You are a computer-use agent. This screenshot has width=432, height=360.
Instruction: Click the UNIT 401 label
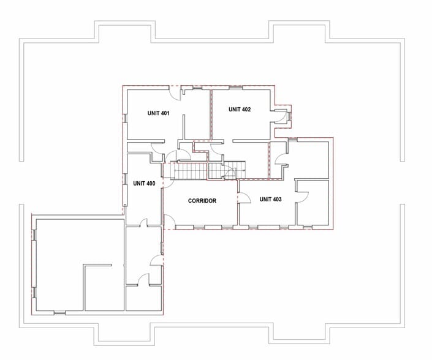point(158,113)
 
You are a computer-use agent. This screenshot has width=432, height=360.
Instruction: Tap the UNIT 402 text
point(240,110)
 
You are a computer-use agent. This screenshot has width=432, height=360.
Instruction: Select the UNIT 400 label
point(143,183)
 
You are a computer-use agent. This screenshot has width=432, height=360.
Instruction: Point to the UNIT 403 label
point(270,199)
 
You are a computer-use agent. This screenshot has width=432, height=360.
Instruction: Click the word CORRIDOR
point(202,201)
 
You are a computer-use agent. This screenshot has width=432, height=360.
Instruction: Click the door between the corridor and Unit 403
point(243,197)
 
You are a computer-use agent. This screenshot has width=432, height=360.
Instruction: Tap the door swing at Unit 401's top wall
point(175,94)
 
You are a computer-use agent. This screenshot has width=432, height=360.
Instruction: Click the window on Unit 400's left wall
point(125,181)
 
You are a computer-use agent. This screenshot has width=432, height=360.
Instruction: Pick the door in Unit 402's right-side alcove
point(282,118)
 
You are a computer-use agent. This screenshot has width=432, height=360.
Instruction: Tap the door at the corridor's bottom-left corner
point(169,222)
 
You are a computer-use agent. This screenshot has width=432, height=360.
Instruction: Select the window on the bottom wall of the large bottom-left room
point(59,313)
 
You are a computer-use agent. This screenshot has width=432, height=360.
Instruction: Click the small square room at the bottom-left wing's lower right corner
point(143,299)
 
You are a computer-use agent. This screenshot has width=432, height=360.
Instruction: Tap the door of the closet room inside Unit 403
point(303,195)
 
